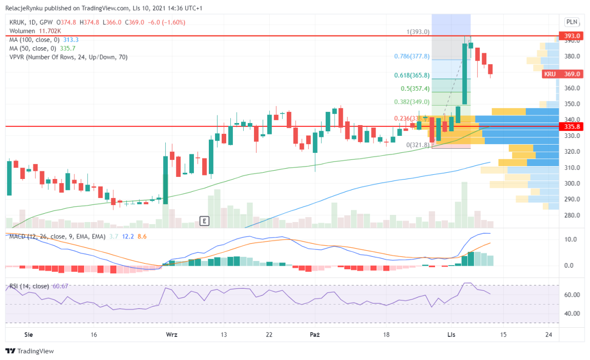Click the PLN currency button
tap(571, 22)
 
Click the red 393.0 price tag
tap(571, 36)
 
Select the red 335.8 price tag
tap(571, 126)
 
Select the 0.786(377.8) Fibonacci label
tap(411, 56)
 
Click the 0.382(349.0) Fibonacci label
tap(411, 102)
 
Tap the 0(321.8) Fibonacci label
tap(417, 145)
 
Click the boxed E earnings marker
tap(204, 221)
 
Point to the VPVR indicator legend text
tap(68, 57)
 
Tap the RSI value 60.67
tap(60, 286)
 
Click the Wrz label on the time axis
tap(171, 334)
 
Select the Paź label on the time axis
tap(314, 334)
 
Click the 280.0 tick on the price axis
tap(572, 215)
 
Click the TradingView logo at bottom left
tap(30, 351)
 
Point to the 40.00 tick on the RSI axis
tap(572, 314)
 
